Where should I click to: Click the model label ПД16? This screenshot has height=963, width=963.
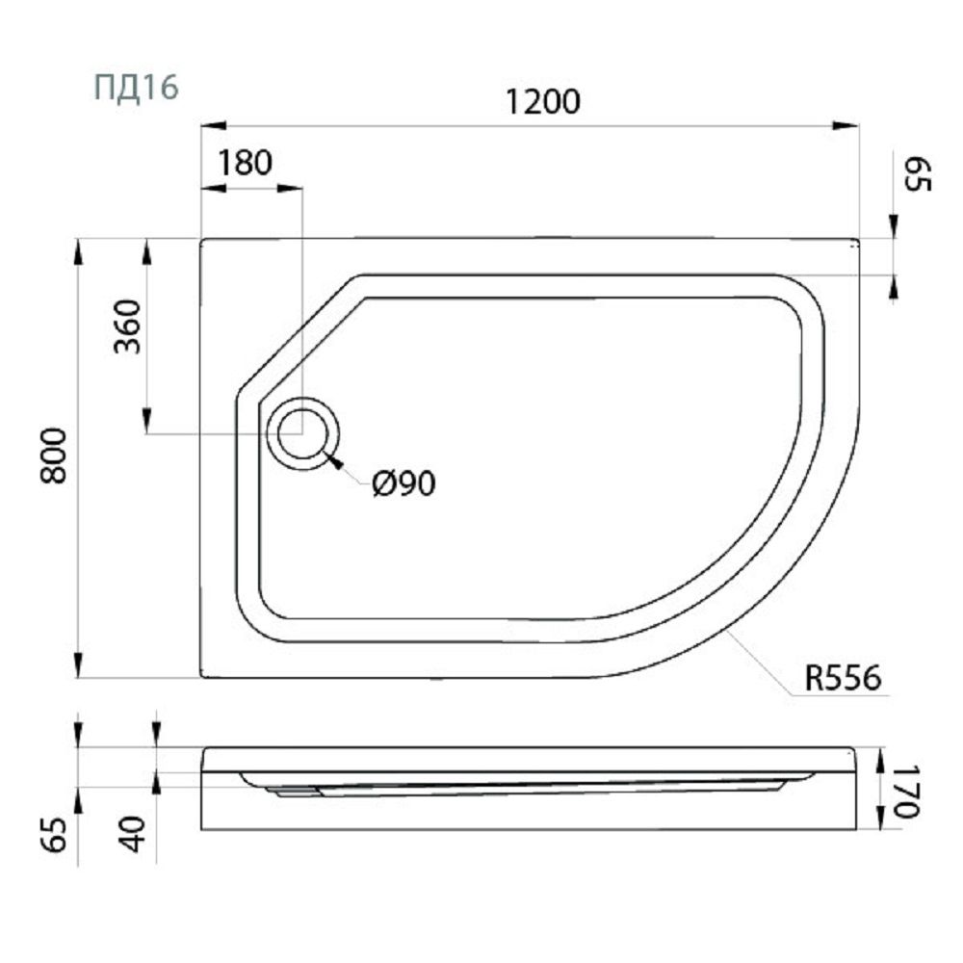click(x=137, y=88)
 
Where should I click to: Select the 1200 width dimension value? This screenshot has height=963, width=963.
click(x=543, y=102)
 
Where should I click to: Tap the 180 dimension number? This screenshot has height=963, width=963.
click(x=245, y=164)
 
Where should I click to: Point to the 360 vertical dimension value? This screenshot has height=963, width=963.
click(x=128, y=326)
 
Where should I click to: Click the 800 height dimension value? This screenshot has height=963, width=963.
click(x=53, y=456)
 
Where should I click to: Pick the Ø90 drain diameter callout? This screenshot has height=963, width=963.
click(x=403, y=484)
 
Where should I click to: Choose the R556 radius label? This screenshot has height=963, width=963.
click(x=843, y=678)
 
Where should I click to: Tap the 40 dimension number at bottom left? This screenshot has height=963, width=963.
click(x=134, y=834)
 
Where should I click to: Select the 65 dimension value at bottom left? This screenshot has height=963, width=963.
click(x=56, y=835)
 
